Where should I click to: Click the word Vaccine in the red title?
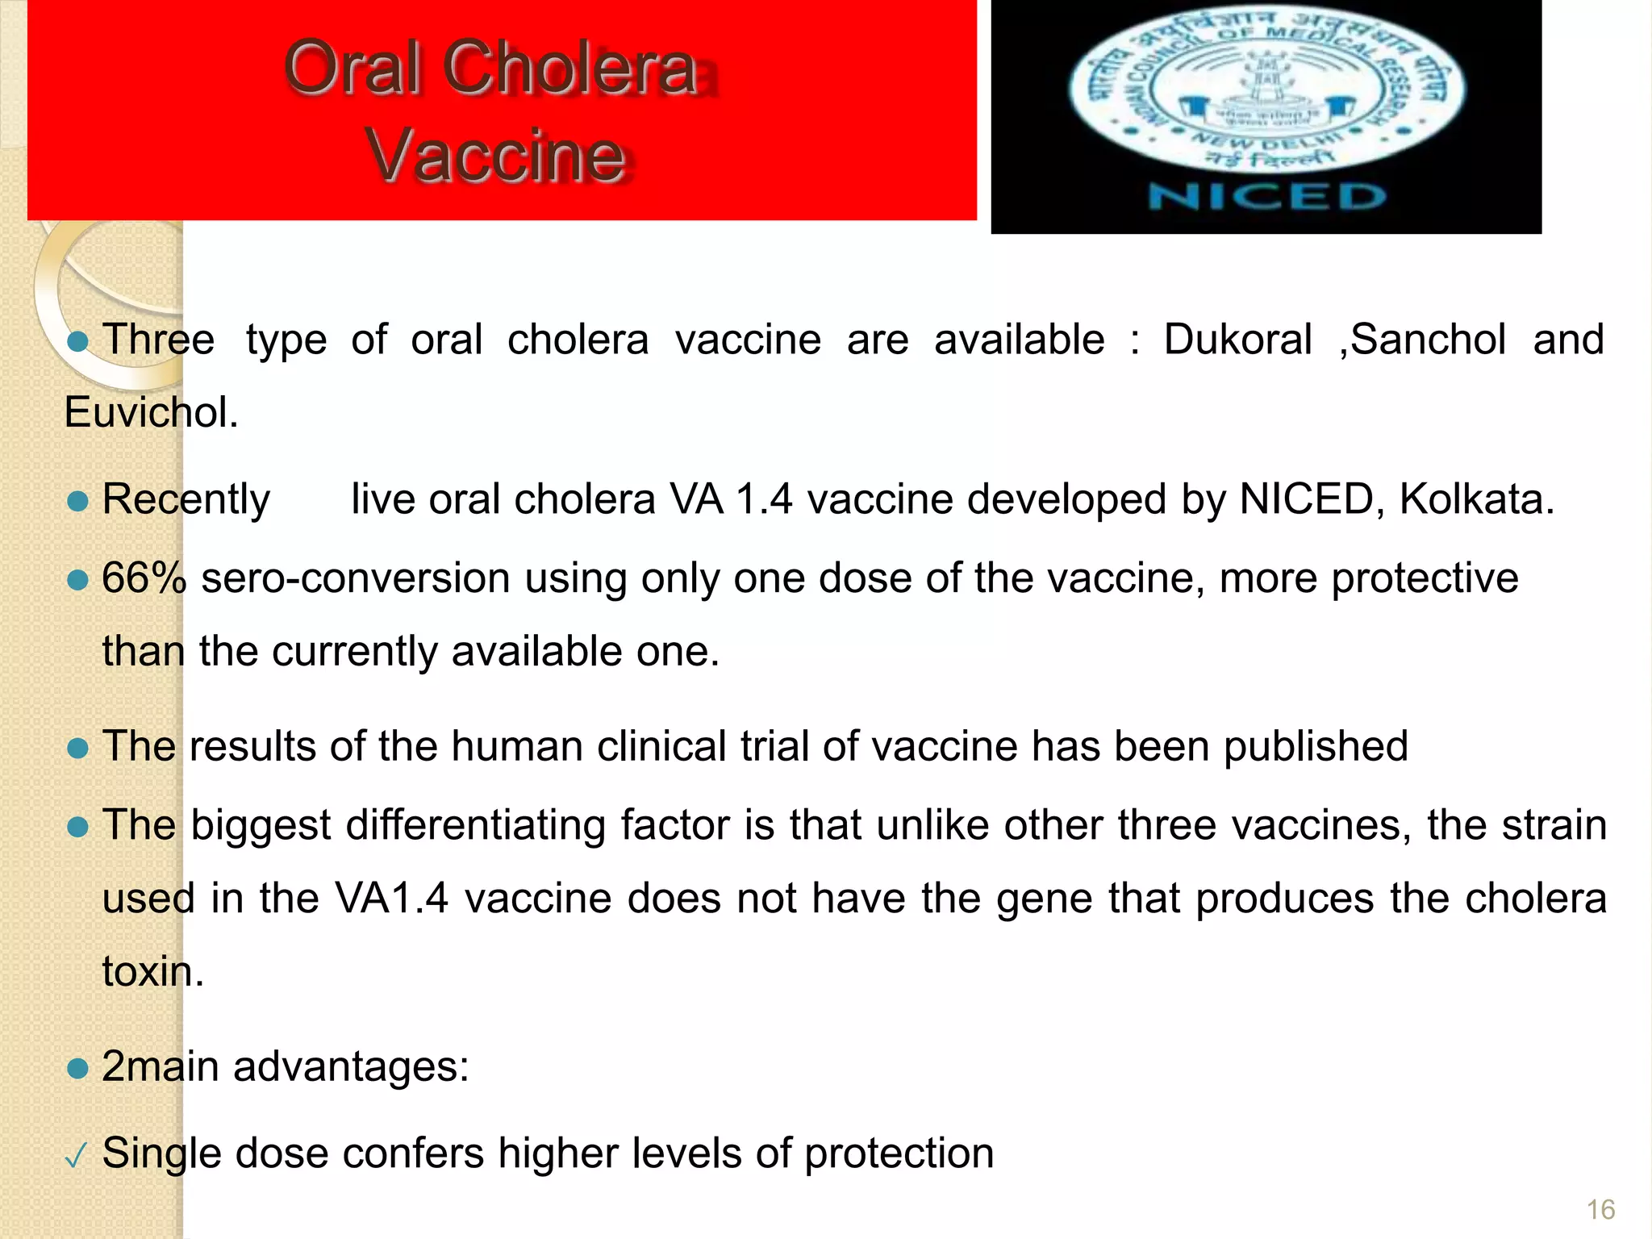click(495, 156)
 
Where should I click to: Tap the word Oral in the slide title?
click(353, 68)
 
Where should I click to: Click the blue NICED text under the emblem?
click(1266, 197)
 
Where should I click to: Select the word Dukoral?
click(1237, 340)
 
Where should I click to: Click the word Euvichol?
click(151, 413)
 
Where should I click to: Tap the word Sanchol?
click(1427, 340)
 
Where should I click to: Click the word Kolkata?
click(1475, 499)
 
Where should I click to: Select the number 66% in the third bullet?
click(144, 578)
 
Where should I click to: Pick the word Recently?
click(186, 499)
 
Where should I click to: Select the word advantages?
click(351, 1066)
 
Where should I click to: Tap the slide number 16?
click(1600, 1210)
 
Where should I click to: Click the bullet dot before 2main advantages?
click(77, 1069)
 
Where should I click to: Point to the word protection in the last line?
click(899, 1153)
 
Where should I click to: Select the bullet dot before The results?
click(77, 749)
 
